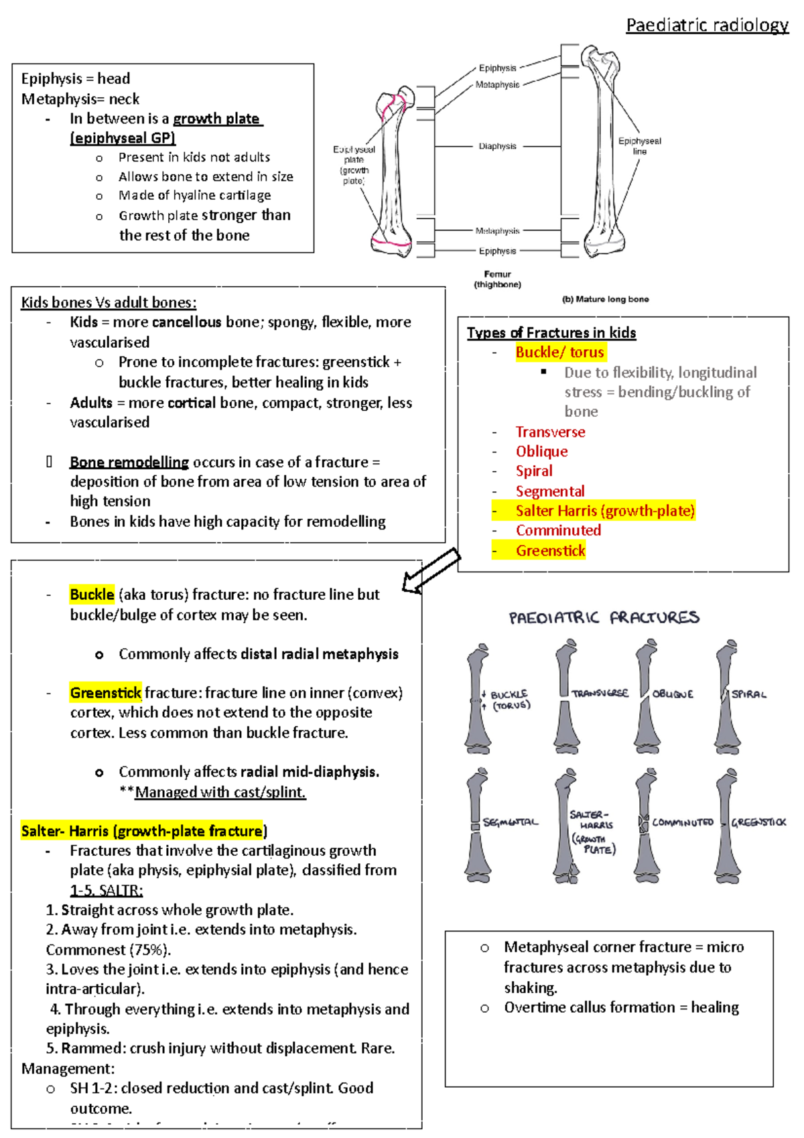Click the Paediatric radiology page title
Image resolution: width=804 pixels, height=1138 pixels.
point(707,25)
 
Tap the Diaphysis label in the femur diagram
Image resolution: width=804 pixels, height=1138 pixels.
point(497,146)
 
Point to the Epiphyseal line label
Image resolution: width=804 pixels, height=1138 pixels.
point(639,145)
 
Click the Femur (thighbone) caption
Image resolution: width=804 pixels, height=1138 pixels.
point(497,279)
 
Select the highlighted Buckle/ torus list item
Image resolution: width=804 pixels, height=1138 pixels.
point(559,353)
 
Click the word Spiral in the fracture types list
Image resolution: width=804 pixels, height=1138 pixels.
point(534,471)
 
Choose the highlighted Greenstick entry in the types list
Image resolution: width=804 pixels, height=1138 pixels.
point(550,551)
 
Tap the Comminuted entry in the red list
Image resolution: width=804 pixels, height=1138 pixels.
point(558,531)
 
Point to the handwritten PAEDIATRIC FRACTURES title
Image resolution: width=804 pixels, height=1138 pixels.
point(604,617)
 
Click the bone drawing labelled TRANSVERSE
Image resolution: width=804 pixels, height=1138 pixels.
point(566,697)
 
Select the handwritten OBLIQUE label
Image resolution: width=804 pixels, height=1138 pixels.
point(673,694)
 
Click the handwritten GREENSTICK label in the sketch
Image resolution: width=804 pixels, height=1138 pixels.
point(758,822)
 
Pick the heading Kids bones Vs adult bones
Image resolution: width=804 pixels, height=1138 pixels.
point(109,302)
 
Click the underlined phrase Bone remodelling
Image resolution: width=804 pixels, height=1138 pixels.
point(129,462)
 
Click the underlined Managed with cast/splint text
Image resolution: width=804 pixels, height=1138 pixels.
point(220,792)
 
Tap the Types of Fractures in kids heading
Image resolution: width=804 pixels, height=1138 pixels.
point(551,333)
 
